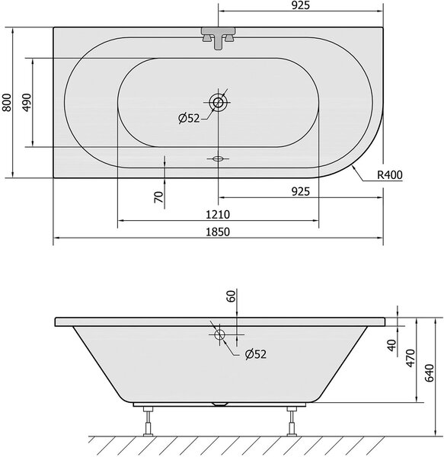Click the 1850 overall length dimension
[218, 232]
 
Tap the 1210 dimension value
[218, 215]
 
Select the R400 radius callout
[390, 175]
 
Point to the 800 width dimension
[6, 102]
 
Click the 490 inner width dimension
[27, 102]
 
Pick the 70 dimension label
[158, 197]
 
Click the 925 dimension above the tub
[301, 5]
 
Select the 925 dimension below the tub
[301, 192]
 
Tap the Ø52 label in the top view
[189, 118]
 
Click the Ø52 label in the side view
[256, 354]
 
